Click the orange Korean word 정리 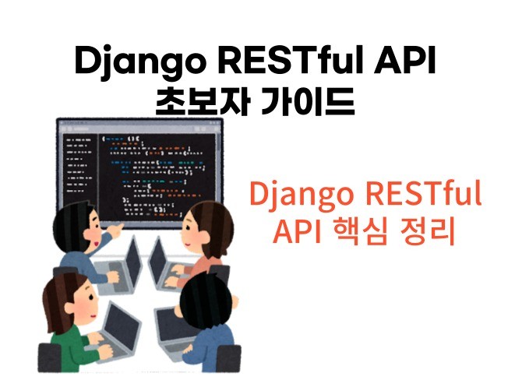pyautogui.click(x=430, y=231)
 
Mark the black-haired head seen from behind pyautogui.click(x=205, y=300)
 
